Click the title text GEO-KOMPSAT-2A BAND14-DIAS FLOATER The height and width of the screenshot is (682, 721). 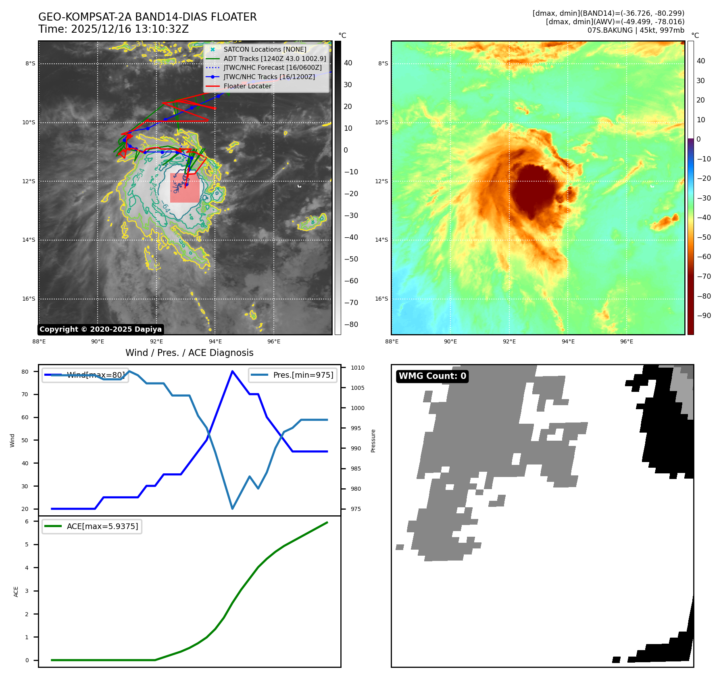point(147,17)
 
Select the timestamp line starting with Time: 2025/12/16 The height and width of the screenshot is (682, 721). point(113,29)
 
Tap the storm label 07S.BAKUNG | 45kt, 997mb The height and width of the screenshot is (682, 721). point(636,30)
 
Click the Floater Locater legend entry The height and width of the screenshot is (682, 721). point(247,86)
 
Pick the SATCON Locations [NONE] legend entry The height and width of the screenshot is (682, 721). point(265,49)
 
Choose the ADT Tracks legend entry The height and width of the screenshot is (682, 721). point(274,59)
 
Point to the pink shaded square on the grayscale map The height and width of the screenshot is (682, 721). point(185,188)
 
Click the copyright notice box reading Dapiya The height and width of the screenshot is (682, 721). point(100,329)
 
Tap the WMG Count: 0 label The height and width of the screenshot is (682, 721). point(432,376)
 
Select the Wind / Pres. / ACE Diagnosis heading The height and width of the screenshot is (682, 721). point(189,353)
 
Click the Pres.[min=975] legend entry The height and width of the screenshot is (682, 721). point(303,375)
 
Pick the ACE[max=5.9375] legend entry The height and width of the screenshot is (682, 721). point(102,526)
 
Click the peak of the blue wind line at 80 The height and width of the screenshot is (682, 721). point(232,371)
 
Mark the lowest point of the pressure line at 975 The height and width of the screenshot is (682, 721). point(232,508)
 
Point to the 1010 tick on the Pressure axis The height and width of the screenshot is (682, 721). point(357,368)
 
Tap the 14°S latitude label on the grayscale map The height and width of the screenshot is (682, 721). point(30,240)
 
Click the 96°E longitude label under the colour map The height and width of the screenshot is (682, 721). point(626,341)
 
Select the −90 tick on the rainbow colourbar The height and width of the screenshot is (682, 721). point(704,316)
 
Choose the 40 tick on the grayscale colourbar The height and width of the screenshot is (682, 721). point(348,63)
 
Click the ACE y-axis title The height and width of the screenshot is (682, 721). point(16,592)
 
